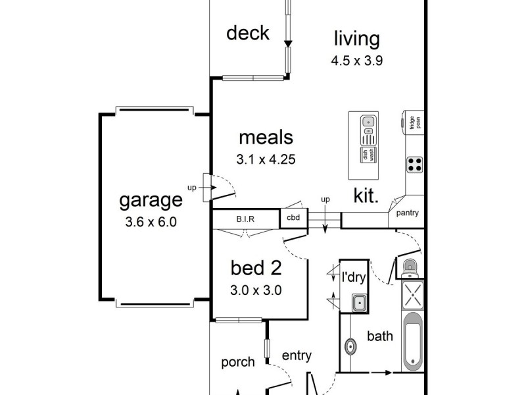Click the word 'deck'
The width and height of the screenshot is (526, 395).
coord(247,33)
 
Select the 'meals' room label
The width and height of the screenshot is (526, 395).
coord(265,138)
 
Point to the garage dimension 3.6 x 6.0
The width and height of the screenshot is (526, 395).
coord(151,222)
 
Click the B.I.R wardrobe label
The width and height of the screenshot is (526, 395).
coord(245,218)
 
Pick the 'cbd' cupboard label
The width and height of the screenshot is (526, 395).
coord(293,217)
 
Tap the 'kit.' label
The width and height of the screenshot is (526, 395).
coord(366,196)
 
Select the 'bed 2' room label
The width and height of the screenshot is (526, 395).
coord(255,268)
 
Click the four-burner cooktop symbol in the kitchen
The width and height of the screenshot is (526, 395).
coord(414,164)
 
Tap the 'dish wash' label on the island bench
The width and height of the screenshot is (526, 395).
coord(367,155)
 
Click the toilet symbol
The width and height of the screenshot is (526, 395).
coord(409,267)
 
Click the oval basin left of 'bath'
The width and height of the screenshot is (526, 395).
coord(351,346)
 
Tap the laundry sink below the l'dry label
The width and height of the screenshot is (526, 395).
coord(359,303)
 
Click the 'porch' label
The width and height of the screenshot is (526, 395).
coord(237,362)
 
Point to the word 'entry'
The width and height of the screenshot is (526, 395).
coord(296,355)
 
